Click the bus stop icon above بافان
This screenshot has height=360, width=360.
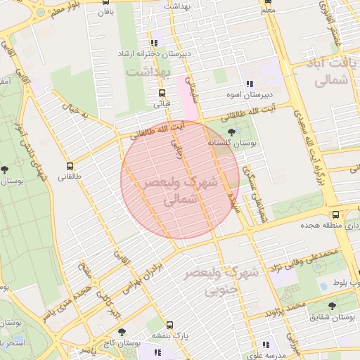(x=105, y=2)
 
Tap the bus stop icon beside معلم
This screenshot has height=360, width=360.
(x=268, y=2)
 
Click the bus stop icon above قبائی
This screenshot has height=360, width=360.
(x=162, y=93)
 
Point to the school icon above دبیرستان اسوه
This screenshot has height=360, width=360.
(x=247, y=84)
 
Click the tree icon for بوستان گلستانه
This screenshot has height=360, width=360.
(x=232, y=131)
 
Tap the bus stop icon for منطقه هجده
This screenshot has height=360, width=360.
(x=335, y=215)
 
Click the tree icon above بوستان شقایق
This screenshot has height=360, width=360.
(x=332, y=306)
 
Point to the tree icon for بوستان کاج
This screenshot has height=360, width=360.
(x=122, y=331)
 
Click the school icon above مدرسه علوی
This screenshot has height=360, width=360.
(x=266, y=345)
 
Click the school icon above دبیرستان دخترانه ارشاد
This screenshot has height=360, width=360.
(x=154, y=44)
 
